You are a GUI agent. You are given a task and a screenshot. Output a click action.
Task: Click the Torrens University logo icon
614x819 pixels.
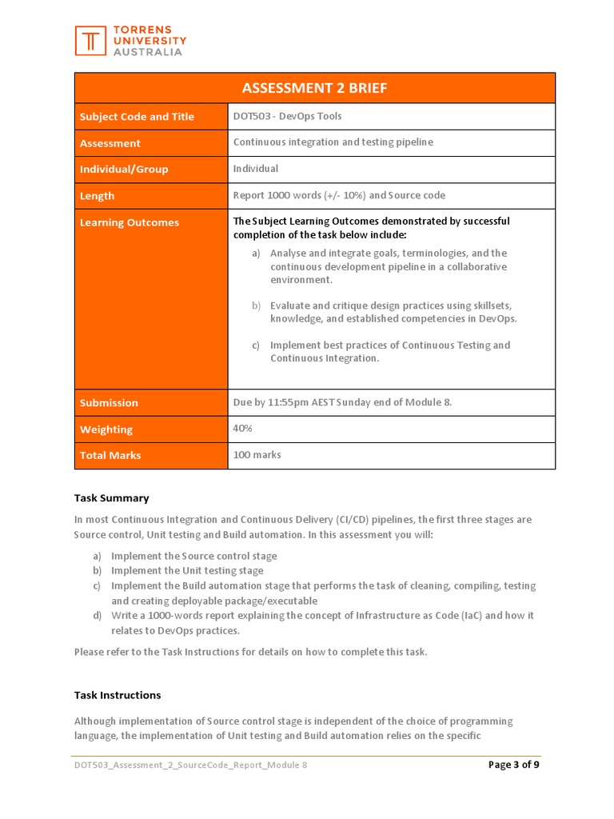(90, 41)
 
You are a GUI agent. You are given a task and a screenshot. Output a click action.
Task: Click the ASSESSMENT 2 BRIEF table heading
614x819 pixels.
(315, 88)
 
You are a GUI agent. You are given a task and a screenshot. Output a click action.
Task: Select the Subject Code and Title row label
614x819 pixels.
(137, 117)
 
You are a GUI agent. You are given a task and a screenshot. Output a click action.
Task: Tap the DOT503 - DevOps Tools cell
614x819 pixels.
(287, 116)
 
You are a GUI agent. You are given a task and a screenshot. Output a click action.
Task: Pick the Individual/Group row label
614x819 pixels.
(124, 170)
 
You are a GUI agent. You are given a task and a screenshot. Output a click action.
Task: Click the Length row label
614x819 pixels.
(97, 196)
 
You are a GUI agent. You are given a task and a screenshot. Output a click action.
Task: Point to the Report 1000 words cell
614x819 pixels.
(339, 195)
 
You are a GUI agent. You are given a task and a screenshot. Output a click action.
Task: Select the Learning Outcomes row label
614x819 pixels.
(130, 222)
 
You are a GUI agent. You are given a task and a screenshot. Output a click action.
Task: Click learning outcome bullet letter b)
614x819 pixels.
(257, 306)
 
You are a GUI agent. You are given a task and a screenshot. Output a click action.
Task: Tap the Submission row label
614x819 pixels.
(109, 403)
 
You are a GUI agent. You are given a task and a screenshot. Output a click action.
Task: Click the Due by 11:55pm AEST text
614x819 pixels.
(342, 402)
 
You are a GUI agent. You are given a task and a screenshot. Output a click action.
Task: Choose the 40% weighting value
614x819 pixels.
(242, 428)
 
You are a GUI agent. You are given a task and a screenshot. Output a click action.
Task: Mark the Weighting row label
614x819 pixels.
(106, 429)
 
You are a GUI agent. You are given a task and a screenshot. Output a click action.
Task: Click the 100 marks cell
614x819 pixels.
(257, 455)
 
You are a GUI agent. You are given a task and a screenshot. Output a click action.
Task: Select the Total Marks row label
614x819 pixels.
(110, 456)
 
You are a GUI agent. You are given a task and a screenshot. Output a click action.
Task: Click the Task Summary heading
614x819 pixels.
(111, 498)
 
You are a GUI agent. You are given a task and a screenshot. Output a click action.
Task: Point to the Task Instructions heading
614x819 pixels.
(118, 695)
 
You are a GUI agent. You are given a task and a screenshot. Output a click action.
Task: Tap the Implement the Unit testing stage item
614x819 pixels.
(187, 571)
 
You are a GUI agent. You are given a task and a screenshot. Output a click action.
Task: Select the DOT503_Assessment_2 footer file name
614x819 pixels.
(190, 765)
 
